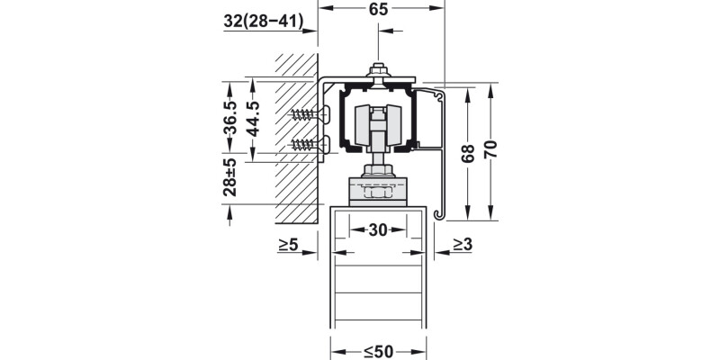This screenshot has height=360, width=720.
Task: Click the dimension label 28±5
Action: click(x=229, y=177)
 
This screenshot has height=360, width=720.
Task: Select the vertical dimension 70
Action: click(x=490, y=148)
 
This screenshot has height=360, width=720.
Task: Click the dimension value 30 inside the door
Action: click(x=378, y=230)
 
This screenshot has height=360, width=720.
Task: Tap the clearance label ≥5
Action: click(x=288, y=244)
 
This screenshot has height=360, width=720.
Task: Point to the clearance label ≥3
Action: click(x=462, y=244)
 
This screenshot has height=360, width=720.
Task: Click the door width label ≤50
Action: click(x=378, y=350)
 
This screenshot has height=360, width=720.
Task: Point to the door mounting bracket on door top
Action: click(x=378, y=191)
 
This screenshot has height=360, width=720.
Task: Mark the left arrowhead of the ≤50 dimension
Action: click(x=336, y=350)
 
